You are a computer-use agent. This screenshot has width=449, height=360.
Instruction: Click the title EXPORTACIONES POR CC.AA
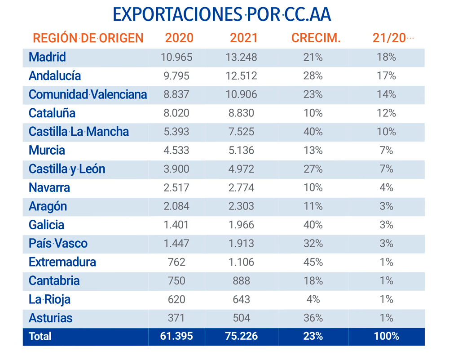coord(222,15)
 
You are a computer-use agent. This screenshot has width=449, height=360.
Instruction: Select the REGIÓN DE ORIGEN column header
coord(88,38)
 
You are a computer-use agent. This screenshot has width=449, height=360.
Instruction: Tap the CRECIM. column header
coord(316,38)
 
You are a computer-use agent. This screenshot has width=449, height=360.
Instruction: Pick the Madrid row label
coord(47,57)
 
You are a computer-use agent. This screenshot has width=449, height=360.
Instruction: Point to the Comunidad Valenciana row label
coord(88,94)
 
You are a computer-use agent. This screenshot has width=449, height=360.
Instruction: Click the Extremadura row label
coord(62,262)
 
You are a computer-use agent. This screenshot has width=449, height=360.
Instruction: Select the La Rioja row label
coord(49,299)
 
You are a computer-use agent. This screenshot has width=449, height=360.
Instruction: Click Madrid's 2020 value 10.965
coord(176,57)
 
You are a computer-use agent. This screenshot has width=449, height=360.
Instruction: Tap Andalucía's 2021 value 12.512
coord(242,76)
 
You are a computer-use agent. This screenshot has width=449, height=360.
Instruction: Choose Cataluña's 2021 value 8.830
coord(242,113)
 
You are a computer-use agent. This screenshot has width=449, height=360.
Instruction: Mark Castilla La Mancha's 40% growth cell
coord(313,132)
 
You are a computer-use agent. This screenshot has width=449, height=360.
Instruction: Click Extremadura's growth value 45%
coord(313,262)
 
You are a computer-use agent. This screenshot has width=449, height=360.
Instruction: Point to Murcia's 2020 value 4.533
coord(176,150)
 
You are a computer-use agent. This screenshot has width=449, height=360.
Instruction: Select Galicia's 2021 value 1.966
coord(242,225)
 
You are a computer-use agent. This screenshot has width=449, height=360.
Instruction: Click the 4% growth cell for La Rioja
coord(313,299)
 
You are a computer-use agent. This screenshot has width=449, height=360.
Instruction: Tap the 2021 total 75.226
coord(242,336)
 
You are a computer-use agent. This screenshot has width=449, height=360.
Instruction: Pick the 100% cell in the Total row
coord(386,336)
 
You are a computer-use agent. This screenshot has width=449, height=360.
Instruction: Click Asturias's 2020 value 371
coord(176,318)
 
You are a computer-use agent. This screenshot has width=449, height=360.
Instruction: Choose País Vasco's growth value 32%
coord(313,243)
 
